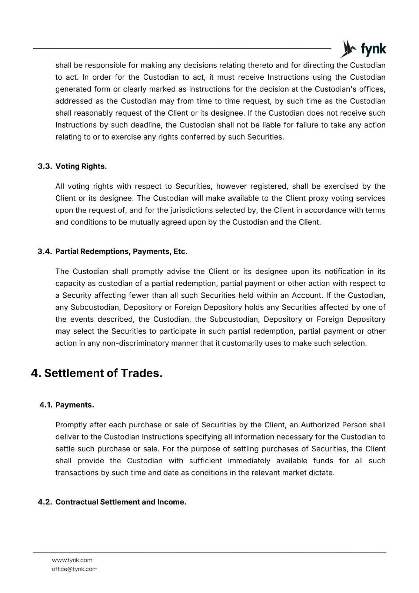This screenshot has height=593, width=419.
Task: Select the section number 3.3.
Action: (x=45, y=166)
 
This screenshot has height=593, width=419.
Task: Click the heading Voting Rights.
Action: (x=81, y=166)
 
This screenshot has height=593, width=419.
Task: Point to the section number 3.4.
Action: (x=45, y=252)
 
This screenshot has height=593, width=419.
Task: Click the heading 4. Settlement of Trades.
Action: (x=97, y=373)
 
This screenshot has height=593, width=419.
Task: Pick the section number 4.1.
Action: (x=46, y=405)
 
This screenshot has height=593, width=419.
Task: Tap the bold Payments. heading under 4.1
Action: (x=75, y=405)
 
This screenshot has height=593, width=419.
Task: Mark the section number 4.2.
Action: (x=45, y=502)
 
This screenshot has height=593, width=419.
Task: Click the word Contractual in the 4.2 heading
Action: (x=77, y=502)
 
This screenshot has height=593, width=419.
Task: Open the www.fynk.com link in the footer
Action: (x=72, y=560)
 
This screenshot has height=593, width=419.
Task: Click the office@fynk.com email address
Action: (x=74, y=569)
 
